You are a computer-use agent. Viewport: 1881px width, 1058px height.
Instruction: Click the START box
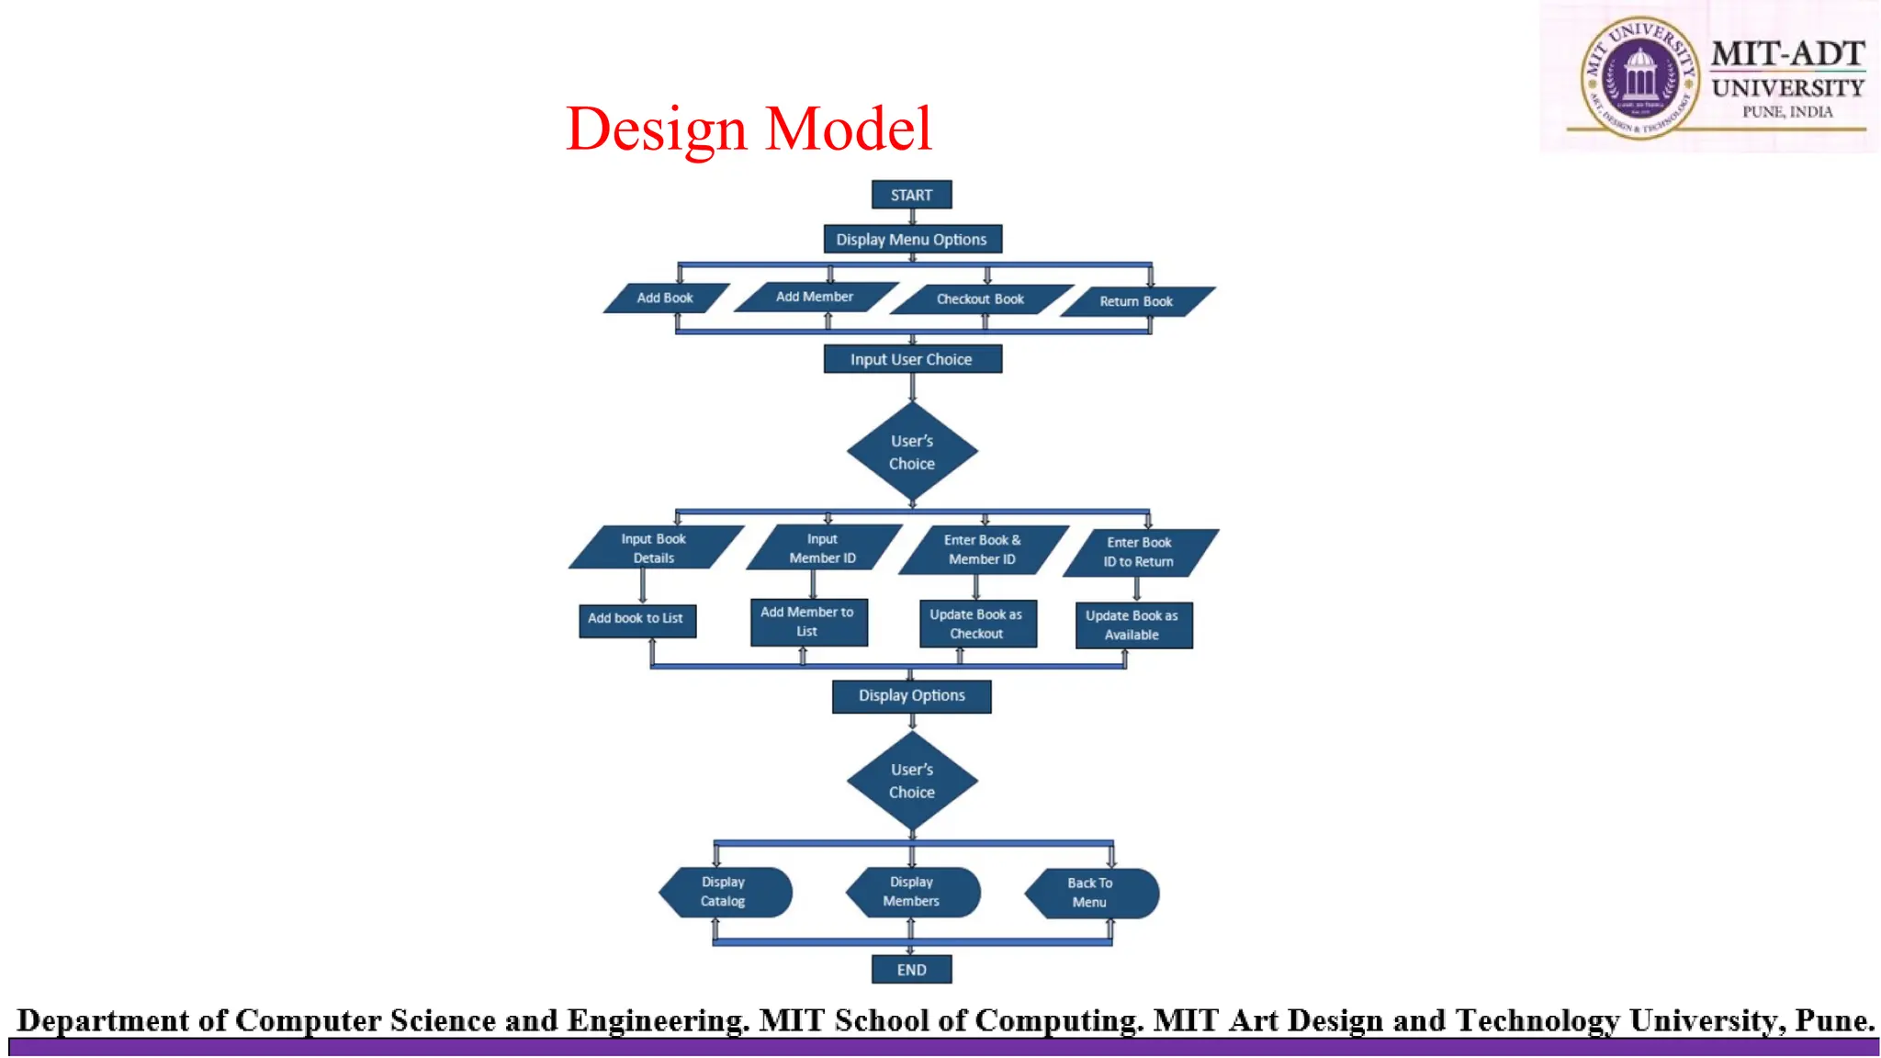point(911,195)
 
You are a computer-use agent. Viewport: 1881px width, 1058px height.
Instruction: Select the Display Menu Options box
point(912,240)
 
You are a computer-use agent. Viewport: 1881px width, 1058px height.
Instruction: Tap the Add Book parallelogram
point(665,298)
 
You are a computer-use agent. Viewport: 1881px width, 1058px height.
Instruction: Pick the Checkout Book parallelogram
point(980,299)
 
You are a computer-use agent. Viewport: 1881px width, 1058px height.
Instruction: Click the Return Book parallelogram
point(1136,301)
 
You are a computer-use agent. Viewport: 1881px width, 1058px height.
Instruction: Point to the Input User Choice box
point(912,359)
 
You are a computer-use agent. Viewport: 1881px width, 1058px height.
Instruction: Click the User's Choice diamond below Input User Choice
point(912,452)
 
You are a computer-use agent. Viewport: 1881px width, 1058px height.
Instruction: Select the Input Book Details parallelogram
point(654,548)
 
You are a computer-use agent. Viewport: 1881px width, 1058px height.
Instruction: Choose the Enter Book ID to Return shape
point(1139,552)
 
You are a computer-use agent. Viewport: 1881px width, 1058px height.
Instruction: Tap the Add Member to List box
point(808,622)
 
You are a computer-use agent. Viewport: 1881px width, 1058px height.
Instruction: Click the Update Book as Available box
point(1133,625)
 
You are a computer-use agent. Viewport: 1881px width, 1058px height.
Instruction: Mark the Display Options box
point(912,696)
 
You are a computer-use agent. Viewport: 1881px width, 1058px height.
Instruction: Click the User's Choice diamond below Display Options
point(912,781)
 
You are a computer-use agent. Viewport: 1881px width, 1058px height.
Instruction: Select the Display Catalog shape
point(725,892)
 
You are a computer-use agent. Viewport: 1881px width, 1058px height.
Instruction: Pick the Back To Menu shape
point(1091,893)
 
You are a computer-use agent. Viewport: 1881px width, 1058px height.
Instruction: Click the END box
point(911,970)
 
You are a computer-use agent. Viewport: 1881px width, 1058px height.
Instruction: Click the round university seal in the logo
point(1639,77)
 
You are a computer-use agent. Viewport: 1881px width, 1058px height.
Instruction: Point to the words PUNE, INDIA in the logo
point(1787,112)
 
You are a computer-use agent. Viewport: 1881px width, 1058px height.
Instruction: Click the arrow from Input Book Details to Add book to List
point(643,586)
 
